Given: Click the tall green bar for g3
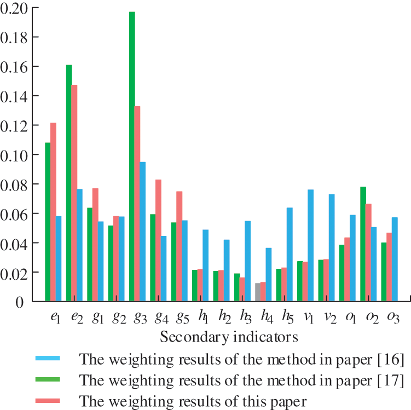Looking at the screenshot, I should pyautogui.click(x=132, y=156).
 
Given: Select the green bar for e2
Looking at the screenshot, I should pyautogui.click(x=69, y=183).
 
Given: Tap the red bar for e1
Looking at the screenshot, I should pyautogui.click(x=53, y=212).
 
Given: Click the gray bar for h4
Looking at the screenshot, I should pyautogui.click(x=258, y=292).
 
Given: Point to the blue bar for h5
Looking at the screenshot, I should pyautogui.click(x=290, y=255).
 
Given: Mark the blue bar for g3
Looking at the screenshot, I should pyautogui.click(x=142, y=232).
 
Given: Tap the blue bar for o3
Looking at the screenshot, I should pyautogui.click(x=395, y=259).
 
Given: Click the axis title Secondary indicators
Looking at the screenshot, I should pyautogui.click(x=229, y=336).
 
